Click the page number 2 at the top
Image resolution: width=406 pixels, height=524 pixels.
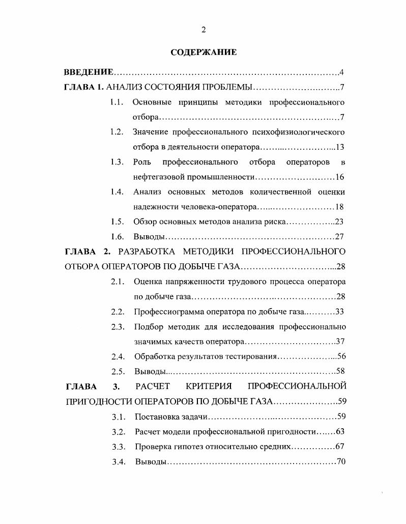coord(203,30)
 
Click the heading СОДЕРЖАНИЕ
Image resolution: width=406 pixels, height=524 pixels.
coord(203,52)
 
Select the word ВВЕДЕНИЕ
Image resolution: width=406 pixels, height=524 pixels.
coord(88,72)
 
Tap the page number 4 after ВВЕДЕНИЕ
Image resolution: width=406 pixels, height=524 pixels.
coord(342,72)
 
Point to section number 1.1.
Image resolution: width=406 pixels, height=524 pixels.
coord(117,102)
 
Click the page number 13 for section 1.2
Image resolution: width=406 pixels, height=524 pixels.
coord(340,147)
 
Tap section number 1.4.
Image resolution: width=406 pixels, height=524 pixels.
coord(117,192)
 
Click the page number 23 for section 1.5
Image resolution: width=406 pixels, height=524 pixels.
coord(340,222)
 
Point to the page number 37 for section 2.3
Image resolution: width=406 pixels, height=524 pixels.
coord(341,341)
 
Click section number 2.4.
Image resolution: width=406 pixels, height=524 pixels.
coord(118,356)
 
